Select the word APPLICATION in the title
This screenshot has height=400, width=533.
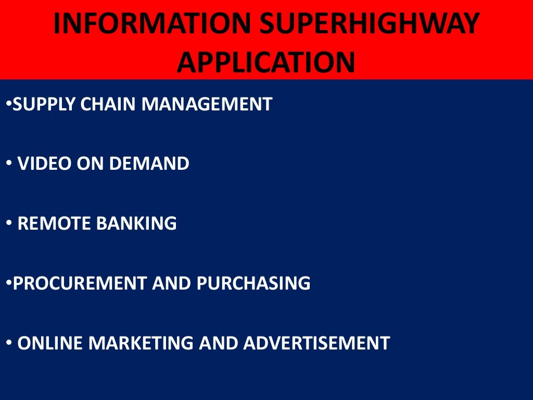[x=266, y=63]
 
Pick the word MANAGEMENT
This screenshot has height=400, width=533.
[x=207, y=105]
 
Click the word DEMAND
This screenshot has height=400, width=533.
[x=154, y=164]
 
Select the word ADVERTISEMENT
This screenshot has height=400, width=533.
[x=316, y=343]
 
